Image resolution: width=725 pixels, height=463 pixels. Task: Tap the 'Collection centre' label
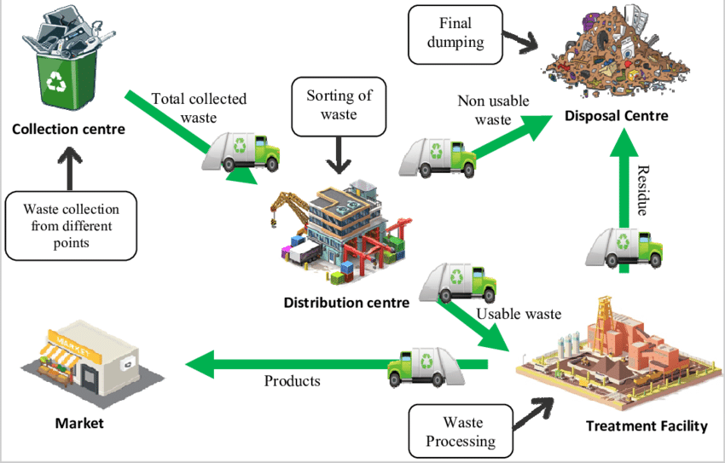point(68,130)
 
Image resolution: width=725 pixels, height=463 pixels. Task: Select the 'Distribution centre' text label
point(346,302)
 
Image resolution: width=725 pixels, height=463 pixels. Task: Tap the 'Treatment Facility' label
point(647,425)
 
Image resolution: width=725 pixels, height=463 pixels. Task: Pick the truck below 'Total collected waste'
point(241,151)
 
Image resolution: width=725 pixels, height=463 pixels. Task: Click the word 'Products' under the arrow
point(292,381)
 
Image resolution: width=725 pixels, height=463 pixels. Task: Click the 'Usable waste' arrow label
point(519,314)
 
